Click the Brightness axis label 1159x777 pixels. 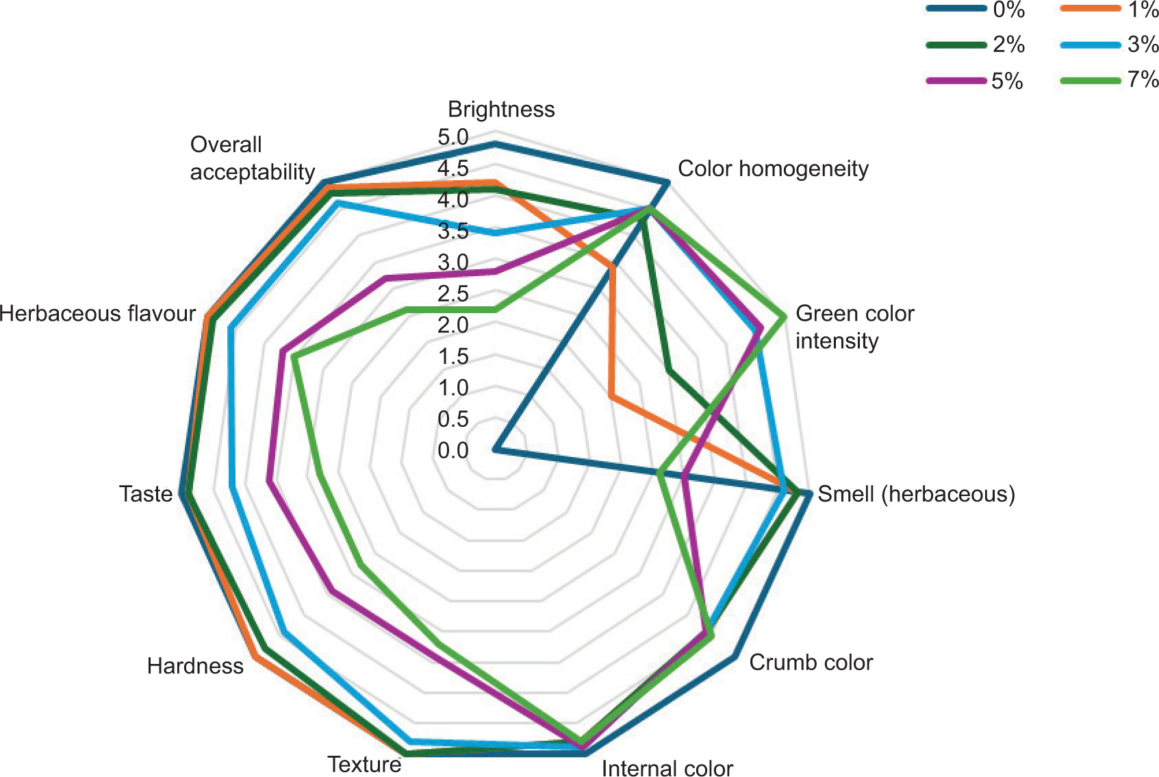[501, 109]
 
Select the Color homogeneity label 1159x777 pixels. [773, 169]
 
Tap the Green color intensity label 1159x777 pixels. [854, 327]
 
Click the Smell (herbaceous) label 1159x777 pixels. [916, 493]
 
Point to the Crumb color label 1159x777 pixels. [811, 662]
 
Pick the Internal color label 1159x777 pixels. [667, 767]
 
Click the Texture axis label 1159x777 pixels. [364, 763]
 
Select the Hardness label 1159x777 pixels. [195, 665]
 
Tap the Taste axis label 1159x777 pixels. [146, 493]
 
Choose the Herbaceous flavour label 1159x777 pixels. [98, 313]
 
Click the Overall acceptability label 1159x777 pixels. [252, 158]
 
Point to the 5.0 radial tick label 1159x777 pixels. [453, 137]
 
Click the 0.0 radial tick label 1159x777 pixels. [453, 450]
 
